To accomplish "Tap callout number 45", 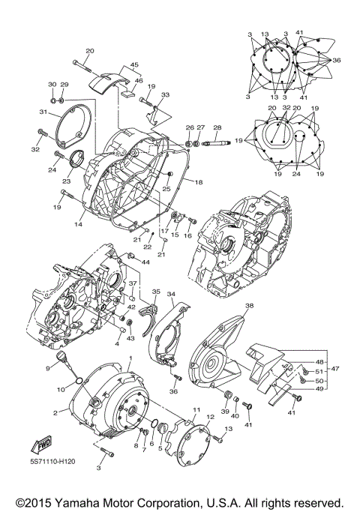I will [x=135, y=65].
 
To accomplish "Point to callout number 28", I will [x=217, y=127].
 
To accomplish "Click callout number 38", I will [x=249, y=306].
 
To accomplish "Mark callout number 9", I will [x=47, y=368].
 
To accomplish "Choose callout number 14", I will [x=76, y=223].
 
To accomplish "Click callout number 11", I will [x=196, y=410].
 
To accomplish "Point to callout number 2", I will [x=55, y=413].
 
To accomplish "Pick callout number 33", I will [x=165, y=95].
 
